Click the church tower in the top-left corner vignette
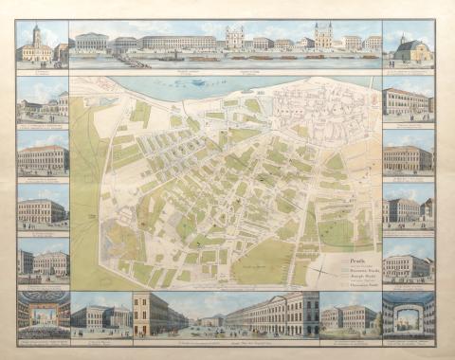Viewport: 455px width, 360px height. (x=36, y=38)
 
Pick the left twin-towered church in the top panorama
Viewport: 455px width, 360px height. (x=234, y=38)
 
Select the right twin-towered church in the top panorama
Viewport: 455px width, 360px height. (x=323, y=36)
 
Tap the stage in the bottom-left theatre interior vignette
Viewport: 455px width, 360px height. (x=43, y=313)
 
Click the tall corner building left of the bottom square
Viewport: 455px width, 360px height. (x=147, y=313)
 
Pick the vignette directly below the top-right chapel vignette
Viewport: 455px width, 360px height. (x=408, y=101)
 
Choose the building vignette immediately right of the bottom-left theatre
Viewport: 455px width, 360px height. (x=100, y=316)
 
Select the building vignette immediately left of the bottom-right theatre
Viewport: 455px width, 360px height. (x=350, y=316)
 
